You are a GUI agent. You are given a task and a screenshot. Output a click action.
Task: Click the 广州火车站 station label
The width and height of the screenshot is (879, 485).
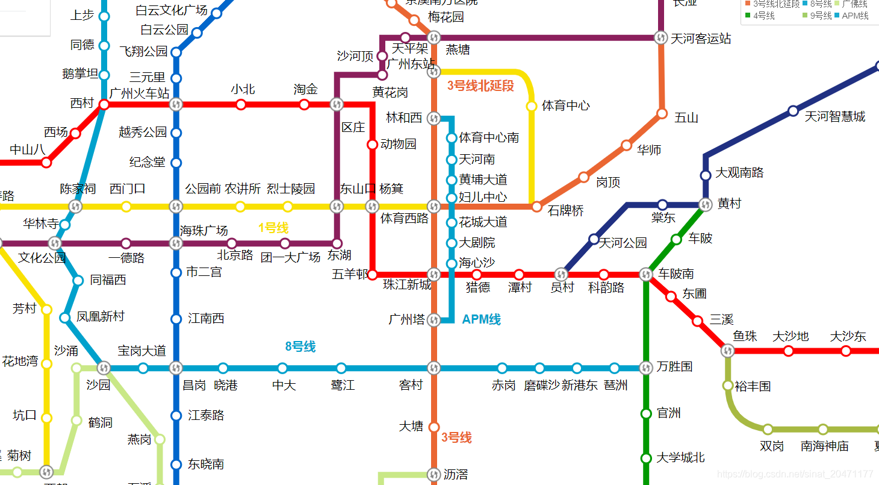pos(139,93)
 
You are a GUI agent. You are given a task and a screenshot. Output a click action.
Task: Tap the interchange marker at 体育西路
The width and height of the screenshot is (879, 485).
pos(433,206)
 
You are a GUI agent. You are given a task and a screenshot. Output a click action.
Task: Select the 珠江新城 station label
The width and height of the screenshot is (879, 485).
pos(407,285)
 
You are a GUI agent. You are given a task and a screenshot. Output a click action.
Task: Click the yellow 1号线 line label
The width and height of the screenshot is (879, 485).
pos(273,228)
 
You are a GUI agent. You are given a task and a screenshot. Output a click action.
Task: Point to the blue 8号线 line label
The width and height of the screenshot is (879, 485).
pos(300,347)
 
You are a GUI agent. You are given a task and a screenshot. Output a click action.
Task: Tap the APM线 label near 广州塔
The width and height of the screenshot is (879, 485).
pos(481,320)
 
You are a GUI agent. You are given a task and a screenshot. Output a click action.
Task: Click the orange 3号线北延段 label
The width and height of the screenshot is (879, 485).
pos(480,86)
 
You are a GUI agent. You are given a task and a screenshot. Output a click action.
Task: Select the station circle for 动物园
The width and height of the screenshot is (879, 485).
pos(372,145)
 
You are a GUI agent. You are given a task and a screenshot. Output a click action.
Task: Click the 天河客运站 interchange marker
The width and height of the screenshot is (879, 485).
pos(660,37)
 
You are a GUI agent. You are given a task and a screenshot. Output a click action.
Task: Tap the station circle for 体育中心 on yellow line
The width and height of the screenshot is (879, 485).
pos(532,106)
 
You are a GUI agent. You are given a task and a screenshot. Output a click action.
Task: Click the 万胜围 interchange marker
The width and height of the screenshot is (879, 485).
pos(646,368)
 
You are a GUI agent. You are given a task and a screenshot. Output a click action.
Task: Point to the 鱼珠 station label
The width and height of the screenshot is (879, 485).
pos(745,336)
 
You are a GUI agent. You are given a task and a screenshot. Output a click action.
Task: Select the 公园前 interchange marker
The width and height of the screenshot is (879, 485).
pos(176,207)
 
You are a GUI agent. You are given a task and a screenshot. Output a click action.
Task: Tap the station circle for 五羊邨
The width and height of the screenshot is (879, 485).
pos(372,275)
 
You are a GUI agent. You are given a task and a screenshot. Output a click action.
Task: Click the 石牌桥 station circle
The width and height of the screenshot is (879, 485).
pos(536,207)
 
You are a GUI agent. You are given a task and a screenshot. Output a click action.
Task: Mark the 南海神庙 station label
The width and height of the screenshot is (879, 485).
pos(824,446)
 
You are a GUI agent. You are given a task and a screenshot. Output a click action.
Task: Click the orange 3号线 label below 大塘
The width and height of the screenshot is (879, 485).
pos(456,438)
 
